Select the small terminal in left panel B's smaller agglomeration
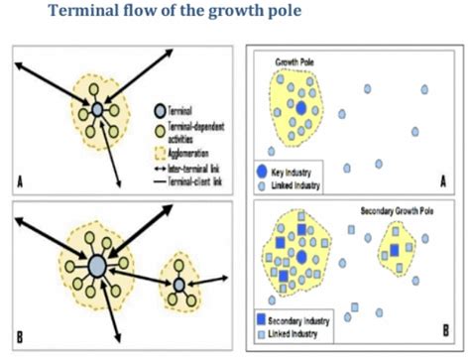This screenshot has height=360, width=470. pyautogui.click(x=179, y=286)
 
